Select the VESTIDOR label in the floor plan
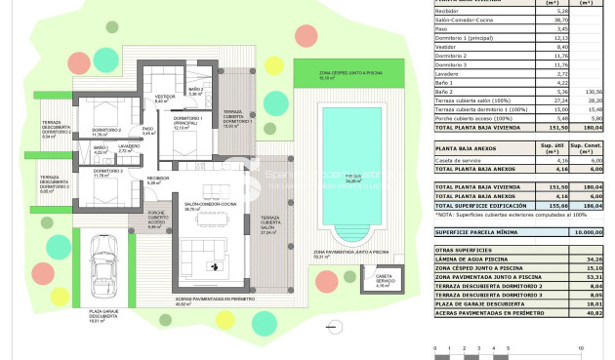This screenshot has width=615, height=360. click(x=164, y=98)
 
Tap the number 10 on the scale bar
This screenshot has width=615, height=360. click(x=582, y=348)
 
